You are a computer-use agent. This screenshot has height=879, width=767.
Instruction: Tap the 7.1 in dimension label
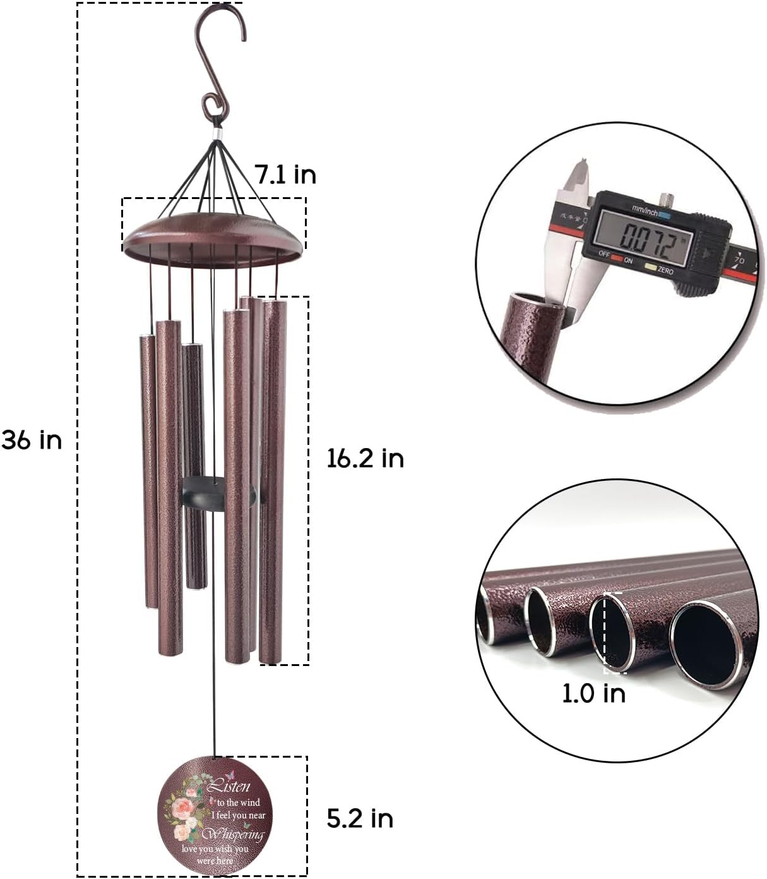(x=285, y=174)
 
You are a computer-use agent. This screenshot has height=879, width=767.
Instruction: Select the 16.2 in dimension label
(x=365, y=458)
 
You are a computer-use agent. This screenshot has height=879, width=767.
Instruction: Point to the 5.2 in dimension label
(x=360, y=818)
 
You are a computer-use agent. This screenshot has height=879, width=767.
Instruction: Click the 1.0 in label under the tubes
(x=593, y=693)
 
